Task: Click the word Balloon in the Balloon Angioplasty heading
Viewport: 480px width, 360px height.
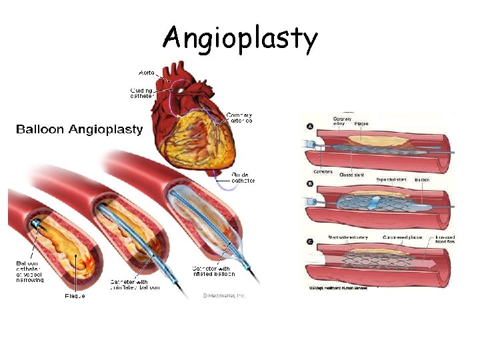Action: coord(41,129)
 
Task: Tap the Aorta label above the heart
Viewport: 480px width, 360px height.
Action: coord(146,72)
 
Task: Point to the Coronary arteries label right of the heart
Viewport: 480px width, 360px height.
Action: coord(239,119)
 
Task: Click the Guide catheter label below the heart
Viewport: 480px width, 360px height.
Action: coord(242,177)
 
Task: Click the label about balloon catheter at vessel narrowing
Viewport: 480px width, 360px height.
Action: coord(30,272)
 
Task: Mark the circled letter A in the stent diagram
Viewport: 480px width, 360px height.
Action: coord(310,127)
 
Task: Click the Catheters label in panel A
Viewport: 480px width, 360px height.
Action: coord(323,172)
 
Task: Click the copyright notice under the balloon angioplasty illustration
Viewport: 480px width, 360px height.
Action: coord(224,295)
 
